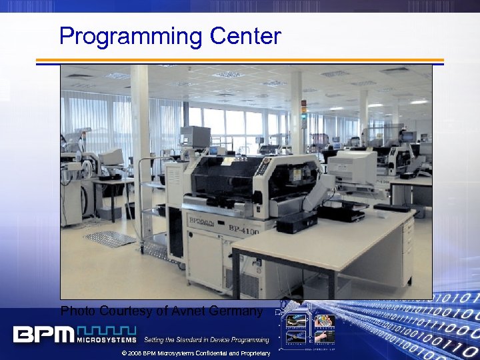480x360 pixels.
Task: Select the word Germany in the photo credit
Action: (x=237, y=311)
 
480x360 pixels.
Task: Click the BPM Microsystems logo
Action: (x=73, y=333)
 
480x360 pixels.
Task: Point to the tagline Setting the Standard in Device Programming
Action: (x=207, y=340)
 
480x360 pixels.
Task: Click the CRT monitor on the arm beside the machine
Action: (x=352, y=167)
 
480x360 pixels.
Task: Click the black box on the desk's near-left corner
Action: (x=297, y=221)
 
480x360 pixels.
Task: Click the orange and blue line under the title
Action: (x=239, y=61)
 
